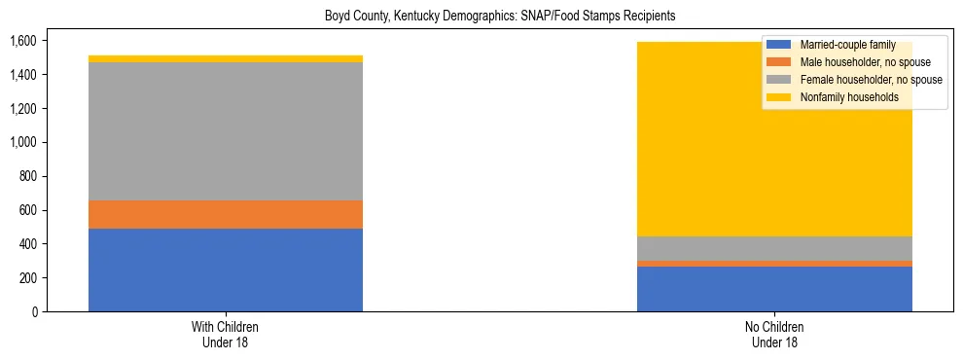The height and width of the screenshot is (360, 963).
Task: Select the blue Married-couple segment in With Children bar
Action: click(x=226, y=270)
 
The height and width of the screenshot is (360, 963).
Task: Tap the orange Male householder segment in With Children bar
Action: click(x=226, y=214)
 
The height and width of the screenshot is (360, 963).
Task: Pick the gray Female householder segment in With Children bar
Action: click(x=226, y=131)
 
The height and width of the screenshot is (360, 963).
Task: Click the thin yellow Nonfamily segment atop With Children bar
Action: click(x=226, y=58)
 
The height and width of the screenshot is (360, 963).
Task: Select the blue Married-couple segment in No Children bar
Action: click(x=774, y=289)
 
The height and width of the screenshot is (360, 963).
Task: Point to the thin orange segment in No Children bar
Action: click(x=774, y=264)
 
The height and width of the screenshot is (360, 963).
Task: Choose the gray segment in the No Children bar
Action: click(x=774, y=248)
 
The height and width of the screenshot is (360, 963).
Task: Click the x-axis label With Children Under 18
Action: click(x=226, y=334)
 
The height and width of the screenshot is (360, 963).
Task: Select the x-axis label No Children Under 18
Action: click(x=774, y=334)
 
